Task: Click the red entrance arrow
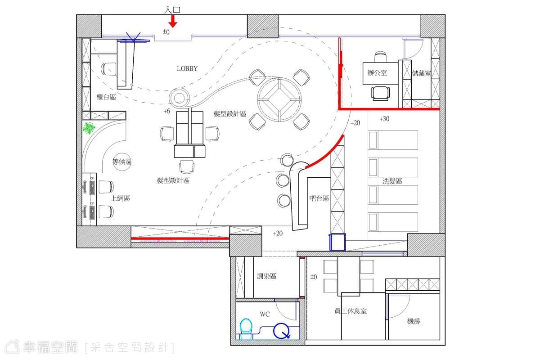coord(173,21)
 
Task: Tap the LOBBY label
coord(187,69)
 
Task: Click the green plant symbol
coord(89,128)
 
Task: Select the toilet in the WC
coord(246,329)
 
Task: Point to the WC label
coord(265,314)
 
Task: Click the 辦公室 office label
coord(377,72)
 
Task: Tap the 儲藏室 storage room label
coord(421,73)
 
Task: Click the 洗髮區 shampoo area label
coord(392,181)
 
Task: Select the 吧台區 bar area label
coord(319,198)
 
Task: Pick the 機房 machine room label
coord(414,321)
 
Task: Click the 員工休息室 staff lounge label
coord(351,311)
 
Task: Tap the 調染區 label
coord(266,276)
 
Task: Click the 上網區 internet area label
coord(120,198)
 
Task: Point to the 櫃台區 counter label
coord(106,97)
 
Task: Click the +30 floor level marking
coord(384,119)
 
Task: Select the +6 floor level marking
coord(167,111)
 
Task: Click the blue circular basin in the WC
coord(281,331)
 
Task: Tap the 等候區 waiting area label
coord(122,162)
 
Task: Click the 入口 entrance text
coord(172,10)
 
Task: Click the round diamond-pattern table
coord(279,99)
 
